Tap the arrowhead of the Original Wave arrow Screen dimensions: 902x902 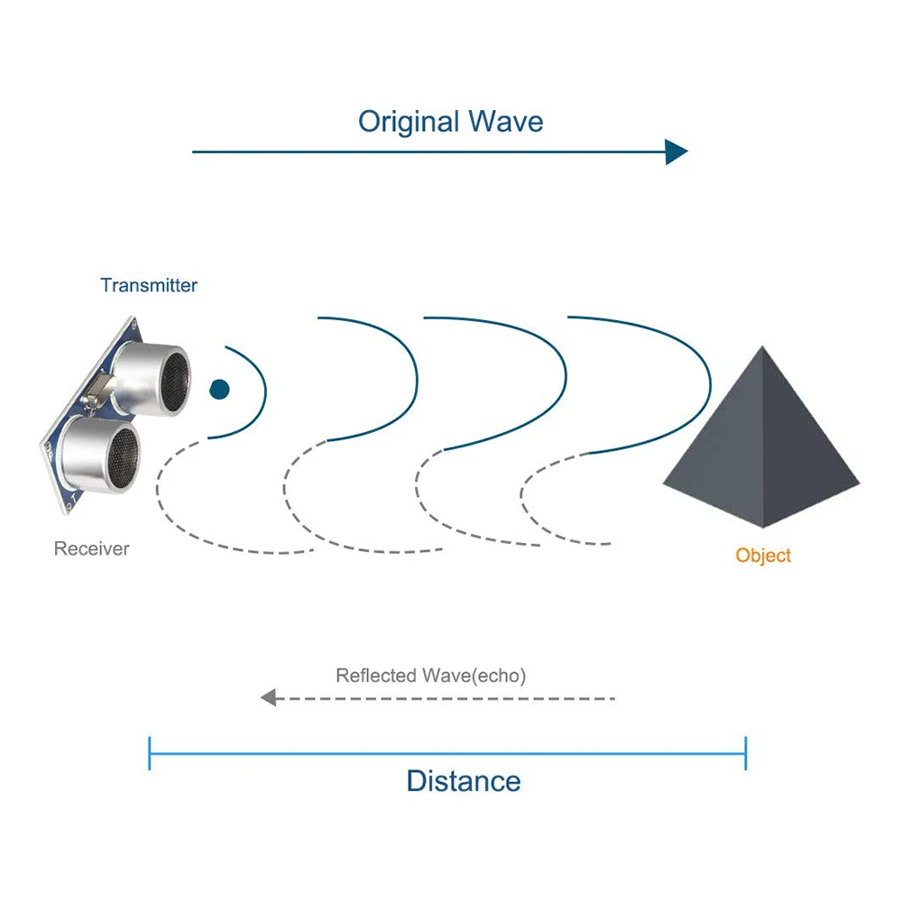[676, 152]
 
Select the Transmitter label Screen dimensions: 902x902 [149, 286]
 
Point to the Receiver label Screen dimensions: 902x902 [91, 548]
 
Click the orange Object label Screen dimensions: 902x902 [763, 556]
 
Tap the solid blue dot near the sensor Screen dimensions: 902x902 [219, 390]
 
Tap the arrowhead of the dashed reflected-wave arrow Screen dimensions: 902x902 [268, 697]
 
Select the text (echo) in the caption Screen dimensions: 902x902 [498, 676]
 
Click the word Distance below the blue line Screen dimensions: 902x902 [464, 781]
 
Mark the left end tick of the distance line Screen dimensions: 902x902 [150, 753]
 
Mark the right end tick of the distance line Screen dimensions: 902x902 [746, 753]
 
